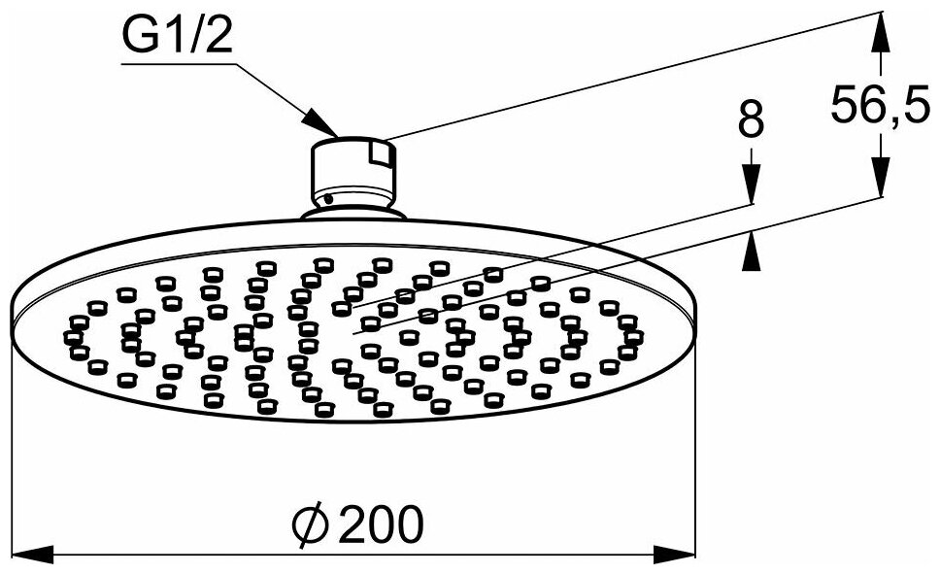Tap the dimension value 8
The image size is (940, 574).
tap(751, 121)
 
